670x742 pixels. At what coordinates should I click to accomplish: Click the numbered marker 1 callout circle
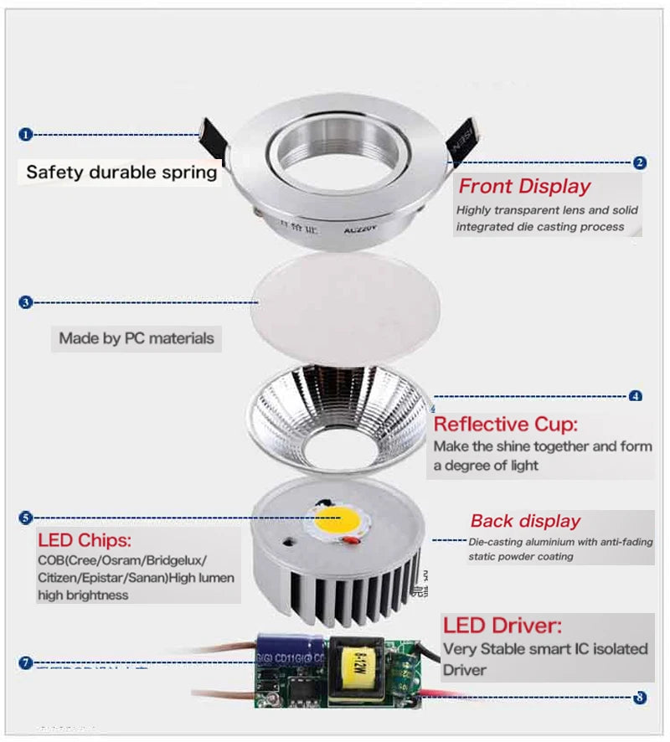click(x=25, y=134)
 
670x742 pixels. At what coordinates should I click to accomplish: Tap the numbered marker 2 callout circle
click(x=639, y=163)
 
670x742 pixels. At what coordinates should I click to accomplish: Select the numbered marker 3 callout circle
click(x=25, y=301)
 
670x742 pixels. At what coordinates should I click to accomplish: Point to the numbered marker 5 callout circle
click(x=25, y=518)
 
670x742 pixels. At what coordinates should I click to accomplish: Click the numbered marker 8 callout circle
click(x=641, y=697)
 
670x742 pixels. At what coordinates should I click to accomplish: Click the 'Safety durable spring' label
click(x=121, y=173)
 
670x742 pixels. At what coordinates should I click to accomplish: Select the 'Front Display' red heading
click(x=524, y=186)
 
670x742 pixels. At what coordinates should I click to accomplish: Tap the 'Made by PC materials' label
click(x=136, y=339)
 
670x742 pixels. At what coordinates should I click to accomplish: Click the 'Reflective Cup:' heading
click(x=505, y=424)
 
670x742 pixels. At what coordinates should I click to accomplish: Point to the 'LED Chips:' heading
click(x=85, y=540)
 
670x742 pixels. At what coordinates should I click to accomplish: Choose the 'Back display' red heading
click(x=525, y=521)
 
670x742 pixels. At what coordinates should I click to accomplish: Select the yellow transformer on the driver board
click(x=353, y=667)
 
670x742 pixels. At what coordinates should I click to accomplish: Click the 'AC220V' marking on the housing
click(x=362, y=226)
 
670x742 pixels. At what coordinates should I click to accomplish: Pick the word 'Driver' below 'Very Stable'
click(x=465, y=670)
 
